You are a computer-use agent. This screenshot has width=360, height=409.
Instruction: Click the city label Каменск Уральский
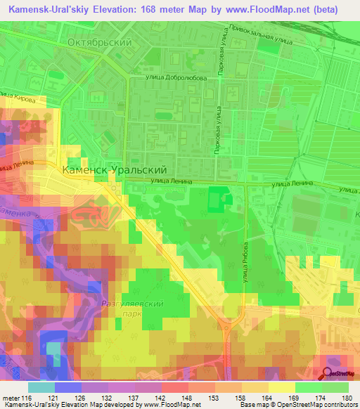click(x=114, y=170)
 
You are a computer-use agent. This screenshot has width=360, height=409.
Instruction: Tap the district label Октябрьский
click(x=99, y=43)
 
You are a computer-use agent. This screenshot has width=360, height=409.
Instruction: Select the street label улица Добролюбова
click(x=176, y=78)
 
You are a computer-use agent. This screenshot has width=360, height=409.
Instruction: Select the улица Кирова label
click(x=19, y=98)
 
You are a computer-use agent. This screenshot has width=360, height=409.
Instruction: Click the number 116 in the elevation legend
click(x=27, y=397)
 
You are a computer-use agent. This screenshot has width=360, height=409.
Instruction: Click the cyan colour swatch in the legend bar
click(x=41, y=387)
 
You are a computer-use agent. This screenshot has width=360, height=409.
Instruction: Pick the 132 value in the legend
click(x=96, y=397)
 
